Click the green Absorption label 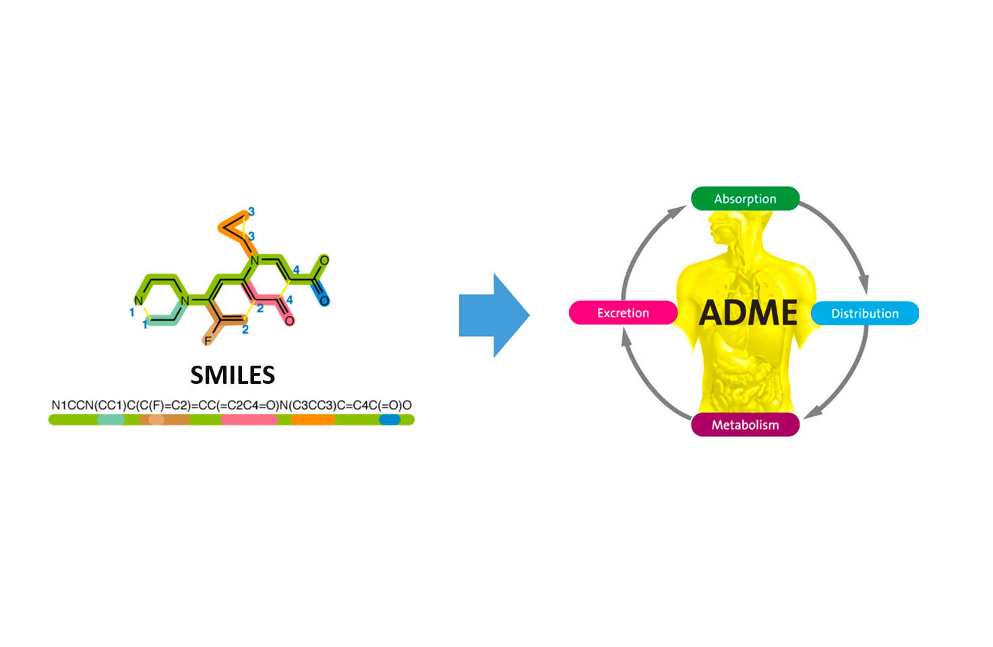(745, 199)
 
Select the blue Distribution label (864, 314)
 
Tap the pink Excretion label (623, 313)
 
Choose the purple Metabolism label (745, 425)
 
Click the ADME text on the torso (748, 312)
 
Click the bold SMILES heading (233, 375)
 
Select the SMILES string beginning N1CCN (231, 405)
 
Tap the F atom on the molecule (208, 341)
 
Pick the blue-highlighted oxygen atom (324, 300)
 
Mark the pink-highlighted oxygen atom (289, 320)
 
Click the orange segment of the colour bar (313, 420)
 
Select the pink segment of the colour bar (249, 420)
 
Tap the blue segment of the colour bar (390, 420)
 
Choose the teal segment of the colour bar (111, 420)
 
